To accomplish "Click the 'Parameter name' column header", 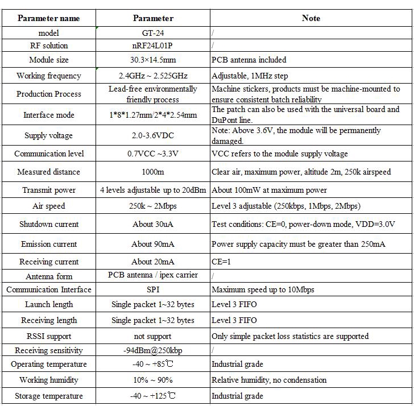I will coord(48,18).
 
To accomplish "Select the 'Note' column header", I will coord(310,18).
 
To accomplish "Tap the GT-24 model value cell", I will coord(152,33).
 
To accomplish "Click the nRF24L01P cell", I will coord(152,45).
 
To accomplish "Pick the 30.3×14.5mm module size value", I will coord(152,60).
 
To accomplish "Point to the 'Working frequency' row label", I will coord(48,76).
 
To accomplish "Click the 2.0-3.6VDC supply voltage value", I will coord(152,135).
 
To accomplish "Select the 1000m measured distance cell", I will coord(152,172).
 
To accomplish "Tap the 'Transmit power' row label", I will coord(48,190).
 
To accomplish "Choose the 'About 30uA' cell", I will coord(152,224).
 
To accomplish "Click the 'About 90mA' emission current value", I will coord(152,244).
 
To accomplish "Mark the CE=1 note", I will coord(222,262).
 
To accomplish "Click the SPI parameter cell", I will coord(152,289).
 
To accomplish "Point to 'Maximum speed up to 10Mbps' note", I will coord(262,289).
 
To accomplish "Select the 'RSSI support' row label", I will coord(48,336).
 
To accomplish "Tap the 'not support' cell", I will coord(152,336).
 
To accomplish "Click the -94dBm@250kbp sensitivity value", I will coord(152,350).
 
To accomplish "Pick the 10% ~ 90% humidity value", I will coord(152,380).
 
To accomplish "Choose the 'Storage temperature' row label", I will coord(48,396).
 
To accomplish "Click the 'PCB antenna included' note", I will coord(249,60).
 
